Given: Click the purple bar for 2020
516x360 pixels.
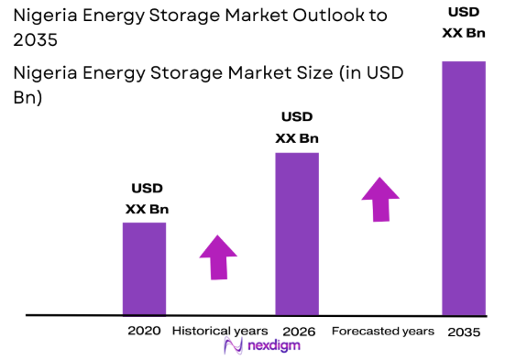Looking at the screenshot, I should point(145,267).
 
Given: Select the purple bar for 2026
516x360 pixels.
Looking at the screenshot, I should point(297,233).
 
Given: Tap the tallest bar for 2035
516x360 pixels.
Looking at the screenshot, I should point(463,188).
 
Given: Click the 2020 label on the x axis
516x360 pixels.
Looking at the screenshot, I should point(145,330).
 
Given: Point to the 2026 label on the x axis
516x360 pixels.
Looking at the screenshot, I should point(298,330).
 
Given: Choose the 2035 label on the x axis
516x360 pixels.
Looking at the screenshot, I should point(464,331).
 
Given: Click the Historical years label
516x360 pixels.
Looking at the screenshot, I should point(220,330).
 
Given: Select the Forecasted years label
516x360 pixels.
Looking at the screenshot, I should point(383,330).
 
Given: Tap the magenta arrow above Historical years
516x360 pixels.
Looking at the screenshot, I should point(219,256).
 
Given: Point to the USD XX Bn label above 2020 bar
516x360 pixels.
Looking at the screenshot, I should point(147,198).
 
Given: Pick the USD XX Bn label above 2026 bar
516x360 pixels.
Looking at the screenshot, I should point(297,127).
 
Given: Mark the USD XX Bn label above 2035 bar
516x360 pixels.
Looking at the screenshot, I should point(463,23).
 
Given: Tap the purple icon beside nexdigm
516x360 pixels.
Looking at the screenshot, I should point(233,345).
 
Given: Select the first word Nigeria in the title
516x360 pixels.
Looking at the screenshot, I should point(45,16).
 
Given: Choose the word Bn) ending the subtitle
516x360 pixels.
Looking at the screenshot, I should point(27,96).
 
